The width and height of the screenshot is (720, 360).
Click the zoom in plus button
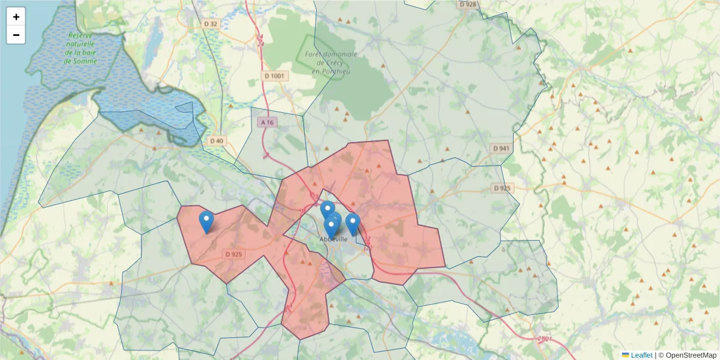point(16,16)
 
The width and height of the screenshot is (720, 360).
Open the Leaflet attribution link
point(641,355)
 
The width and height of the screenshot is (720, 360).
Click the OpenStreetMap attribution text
point(691,355)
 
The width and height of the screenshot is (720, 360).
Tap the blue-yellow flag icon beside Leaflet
point(625,355)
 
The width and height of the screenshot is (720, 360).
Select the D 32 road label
point(211,24)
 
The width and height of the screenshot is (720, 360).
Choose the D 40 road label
point(217,141)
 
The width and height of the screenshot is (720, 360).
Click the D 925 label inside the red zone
point(233,254)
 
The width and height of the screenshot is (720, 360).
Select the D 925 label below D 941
point(503,188)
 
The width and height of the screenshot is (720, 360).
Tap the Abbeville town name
point(333,239)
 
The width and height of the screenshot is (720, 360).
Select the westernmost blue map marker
point(206,221)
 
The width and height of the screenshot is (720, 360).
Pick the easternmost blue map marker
point(353,223)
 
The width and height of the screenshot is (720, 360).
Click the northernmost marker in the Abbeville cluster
point(327,210)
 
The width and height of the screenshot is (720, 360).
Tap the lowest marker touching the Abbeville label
point(331,227)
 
